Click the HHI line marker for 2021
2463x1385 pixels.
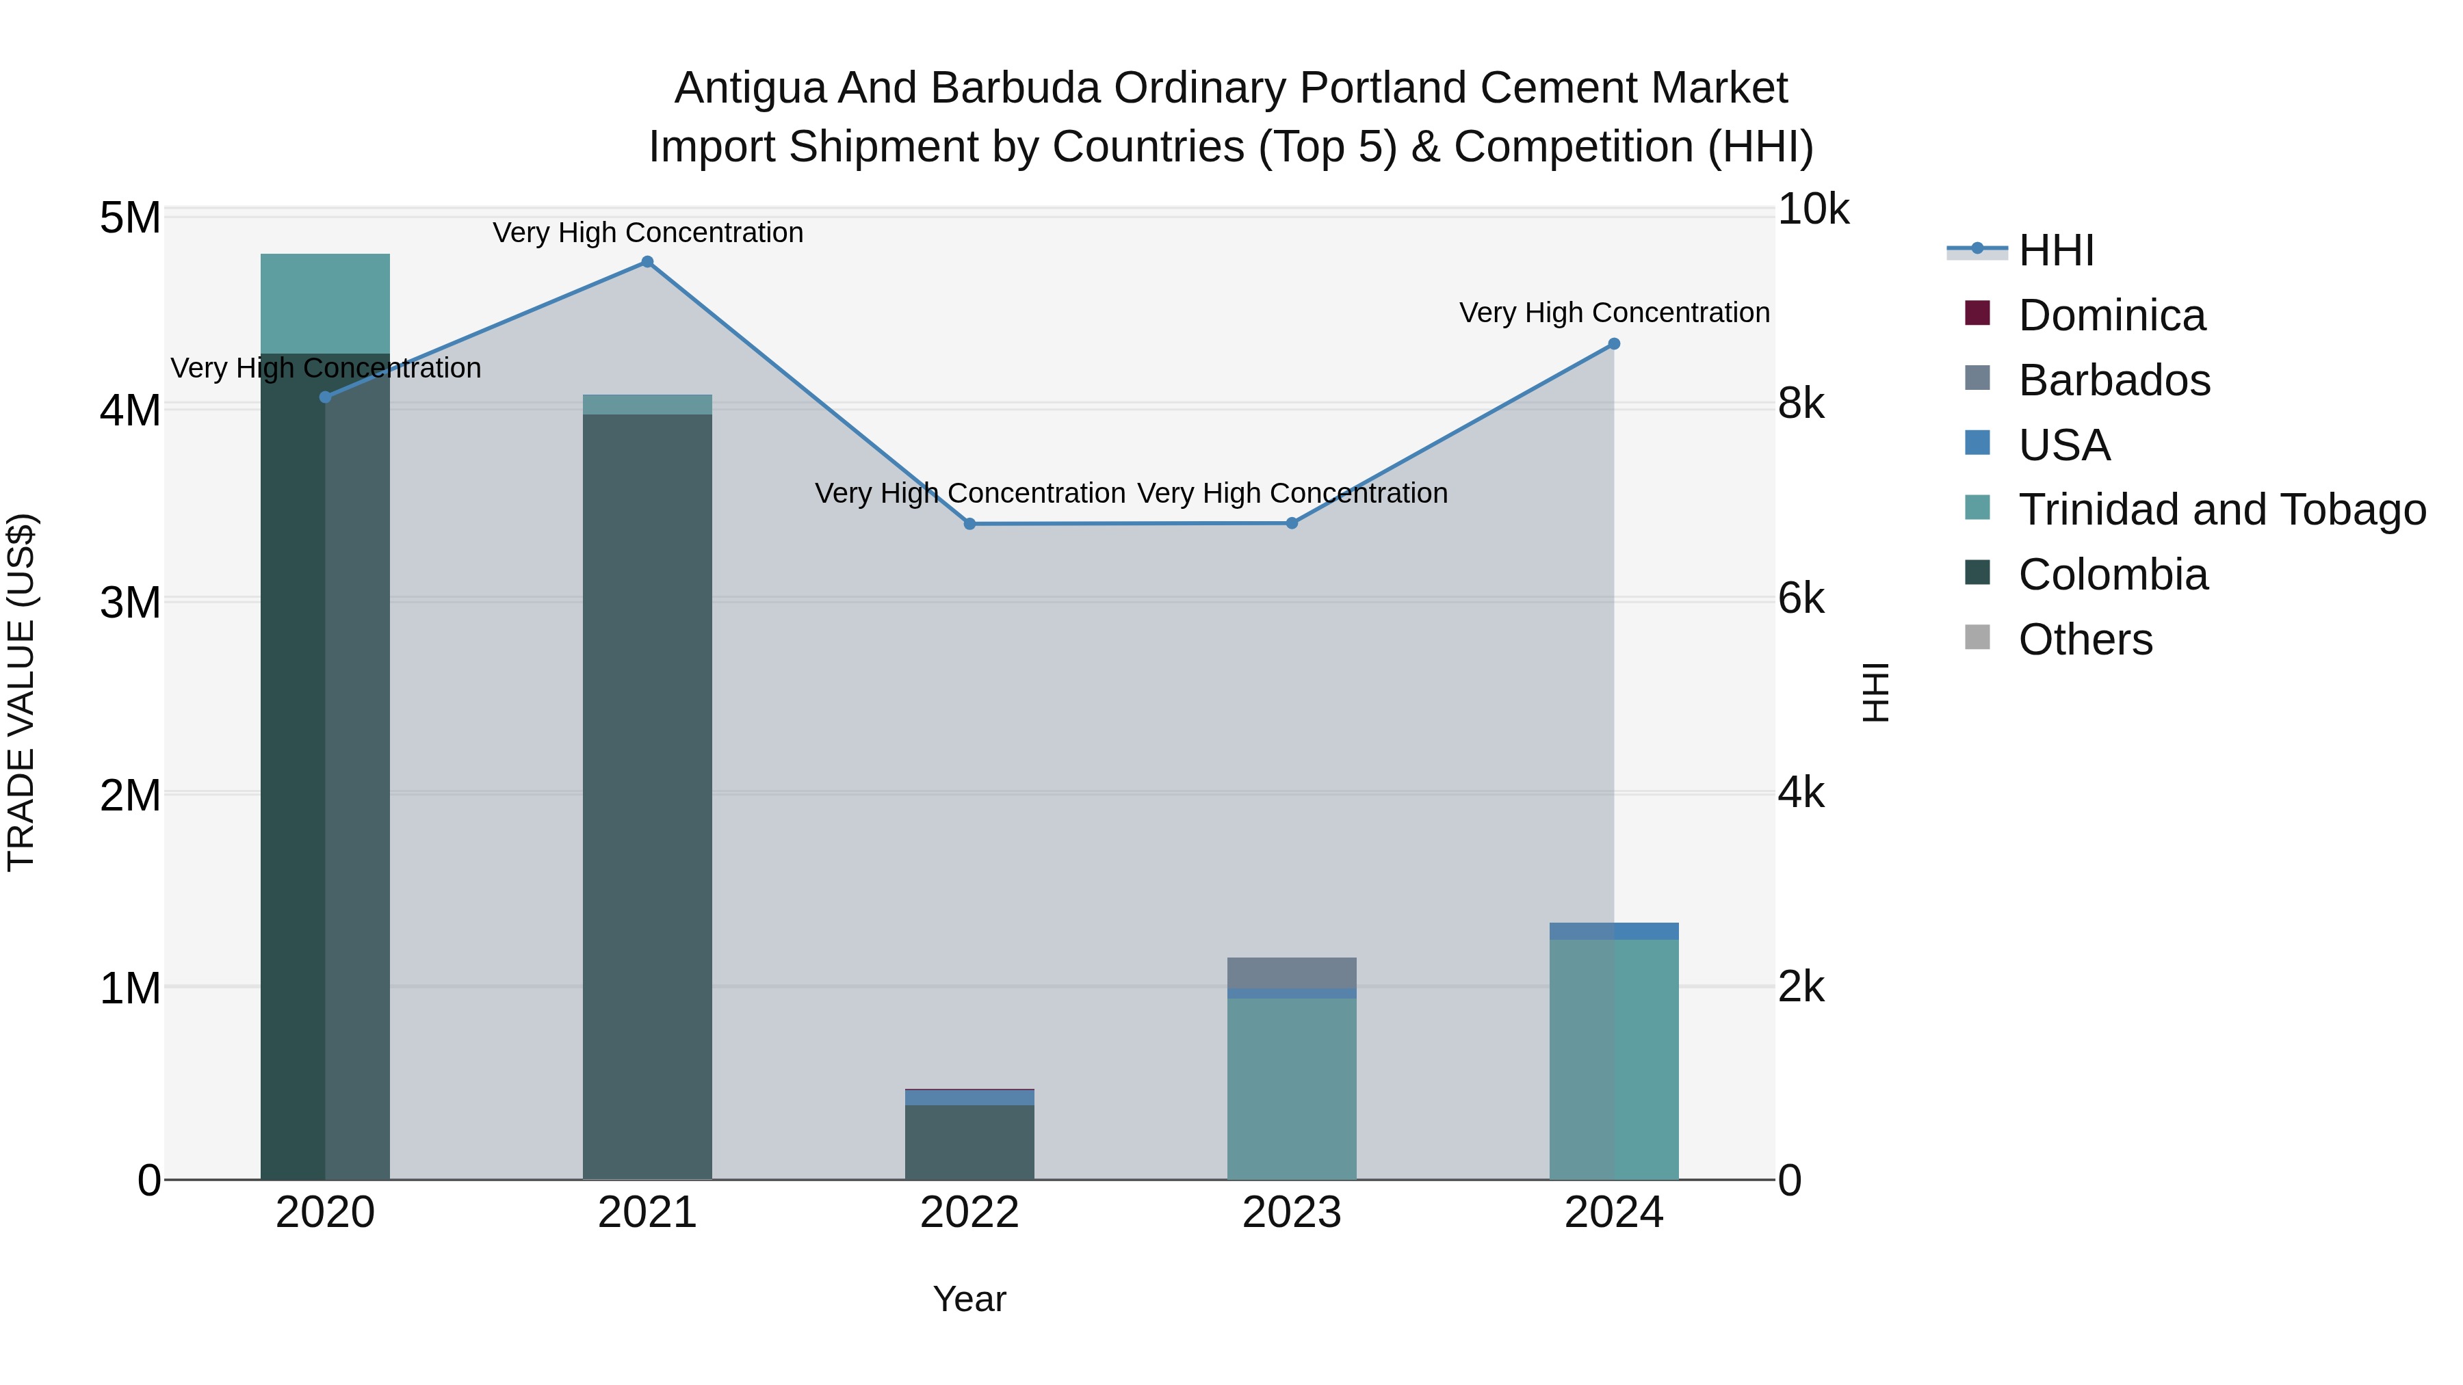[647, 262]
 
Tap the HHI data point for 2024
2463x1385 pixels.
[1614, 344]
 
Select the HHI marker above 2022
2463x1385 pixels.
[969, 524]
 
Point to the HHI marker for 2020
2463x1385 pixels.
[325, 397]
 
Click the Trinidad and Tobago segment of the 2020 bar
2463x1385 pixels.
[325, 304]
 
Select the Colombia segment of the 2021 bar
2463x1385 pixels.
[647, 793]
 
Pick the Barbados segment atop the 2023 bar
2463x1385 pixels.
[1292, 972]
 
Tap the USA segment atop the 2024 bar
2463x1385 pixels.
[1614, 931]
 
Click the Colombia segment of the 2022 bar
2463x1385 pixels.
[969, 1142]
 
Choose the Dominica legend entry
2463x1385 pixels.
[2111, 315]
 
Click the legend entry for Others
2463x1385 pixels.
[2085, 639]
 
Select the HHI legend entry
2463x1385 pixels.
[2056, 250]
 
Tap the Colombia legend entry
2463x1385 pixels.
[2113, 575]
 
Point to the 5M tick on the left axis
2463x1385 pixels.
[130, 218]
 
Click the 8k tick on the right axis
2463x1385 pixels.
[1801, 404]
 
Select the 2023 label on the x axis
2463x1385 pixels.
[1292, 1213]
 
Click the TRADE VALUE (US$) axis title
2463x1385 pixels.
[21, 692]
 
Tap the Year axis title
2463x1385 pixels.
[969, 1299]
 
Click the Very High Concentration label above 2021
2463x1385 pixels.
[647, 233]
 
